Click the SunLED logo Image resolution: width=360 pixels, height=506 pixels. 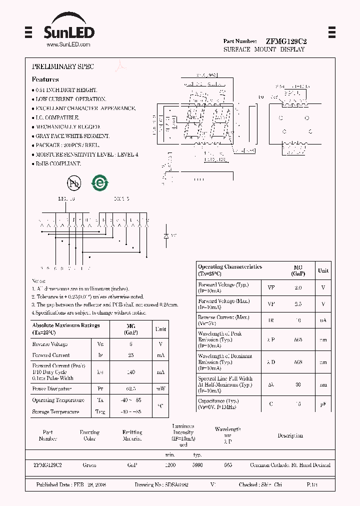point(68,31)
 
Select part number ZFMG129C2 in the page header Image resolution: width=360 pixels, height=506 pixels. point(287,41)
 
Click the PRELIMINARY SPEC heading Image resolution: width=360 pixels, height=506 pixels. point(63,66)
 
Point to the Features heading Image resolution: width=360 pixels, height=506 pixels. point(45,79)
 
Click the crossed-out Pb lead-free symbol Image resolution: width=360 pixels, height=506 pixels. point(74,183)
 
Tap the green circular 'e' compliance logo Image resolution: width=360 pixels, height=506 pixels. point(99,183)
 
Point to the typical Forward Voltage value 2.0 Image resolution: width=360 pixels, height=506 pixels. point(298,288)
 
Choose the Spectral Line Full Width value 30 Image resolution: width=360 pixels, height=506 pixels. point(298,385)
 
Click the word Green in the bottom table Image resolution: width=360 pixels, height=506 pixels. point(89,465)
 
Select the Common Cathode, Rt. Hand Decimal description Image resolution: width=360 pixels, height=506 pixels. point(290,465)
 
